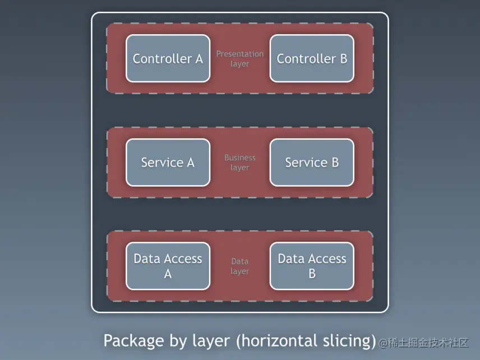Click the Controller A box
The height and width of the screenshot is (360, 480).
(x=168, y=58)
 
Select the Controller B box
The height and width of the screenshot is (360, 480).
(x=312, y=58)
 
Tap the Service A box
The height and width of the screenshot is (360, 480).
(x=168, y=163)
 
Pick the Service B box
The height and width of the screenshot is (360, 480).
(x=312, y=163)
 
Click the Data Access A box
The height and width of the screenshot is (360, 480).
(x=168, y=266)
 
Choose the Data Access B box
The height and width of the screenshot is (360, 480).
(x=312, y=266)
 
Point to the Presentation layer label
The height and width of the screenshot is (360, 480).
(x=239, y=59)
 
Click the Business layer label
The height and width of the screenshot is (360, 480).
(x=239, y=163)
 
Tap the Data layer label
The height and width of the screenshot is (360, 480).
(x=239, y=266)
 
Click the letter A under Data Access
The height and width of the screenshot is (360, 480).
(x=168, y=274)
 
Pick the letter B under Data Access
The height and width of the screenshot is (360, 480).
(x=312, y=274)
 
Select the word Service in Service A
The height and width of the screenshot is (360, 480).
(x=161, y=163)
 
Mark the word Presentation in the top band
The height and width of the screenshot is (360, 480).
(x=239, y=54)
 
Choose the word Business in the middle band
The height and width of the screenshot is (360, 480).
(x=239, y=158)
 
